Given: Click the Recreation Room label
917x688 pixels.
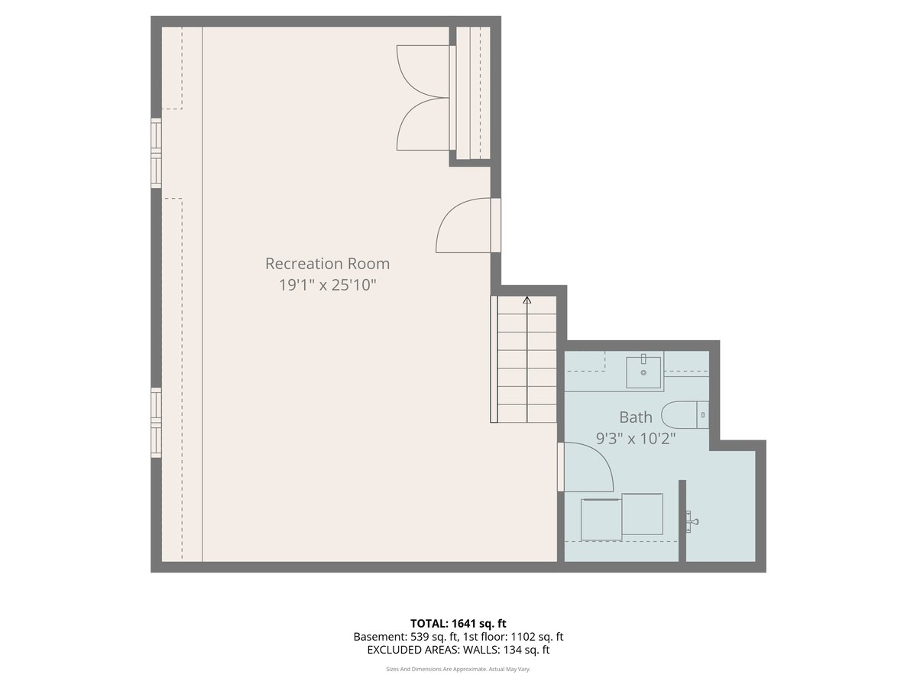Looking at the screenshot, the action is point(327,264).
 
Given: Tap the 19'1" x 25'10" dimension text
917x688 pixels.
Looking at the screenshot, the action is point(327,285).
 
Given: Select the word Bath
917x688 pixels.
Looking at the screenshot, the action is point(636,417).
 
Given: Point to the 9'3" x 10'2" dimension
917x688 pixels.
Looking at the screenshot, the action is point(636,439).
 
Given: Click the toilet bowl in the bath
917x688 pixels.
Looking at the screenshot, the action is point(679,415).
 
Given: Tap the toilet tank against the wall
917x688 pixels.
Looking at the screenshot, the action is point(703,415).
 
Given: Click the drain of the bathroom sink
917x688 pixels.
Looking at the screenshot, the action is point(643,372).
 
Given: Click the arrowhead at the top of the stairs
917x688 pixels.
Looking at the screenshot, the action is point(527,300).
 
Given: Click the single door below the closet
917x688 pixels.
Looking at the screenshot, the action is point(464,226).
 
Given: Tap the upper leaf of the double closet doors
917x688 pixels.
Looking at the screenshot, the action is point(423,72).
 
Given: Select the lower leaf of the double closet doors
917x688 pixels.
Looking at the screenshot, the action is point(423,124).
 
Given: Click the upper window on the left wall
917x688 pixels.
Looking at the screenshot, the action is point(156,153).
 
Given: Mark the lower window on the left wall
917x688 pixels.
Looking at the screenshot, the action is point(156,422).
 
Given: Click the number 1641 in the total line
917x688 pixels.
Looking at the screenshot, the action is point(464,623).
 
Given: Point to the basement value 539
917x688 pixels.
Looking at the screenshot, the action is point(419,637).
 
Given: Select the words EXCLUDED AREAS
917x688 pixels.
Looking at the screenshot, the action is point(400,650).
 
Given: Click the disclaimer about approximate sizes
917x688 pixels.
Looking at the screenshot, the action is point(458,669).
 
